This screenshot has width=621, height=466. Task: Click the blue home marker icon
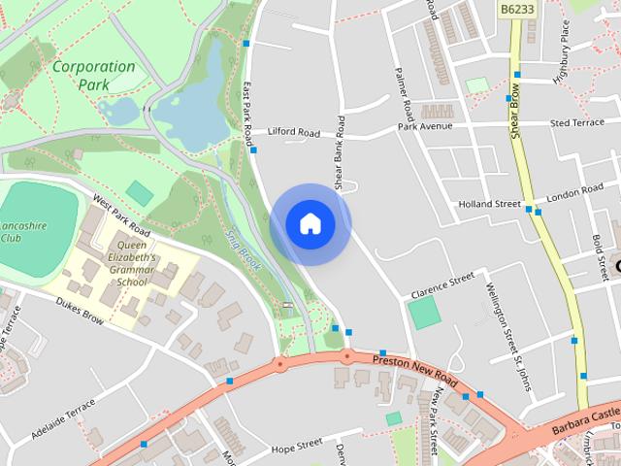(310, 224)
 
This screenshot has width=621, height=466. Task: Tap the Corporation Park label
(94, 76)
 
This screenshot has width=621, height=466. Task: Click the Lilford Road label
(294, 132)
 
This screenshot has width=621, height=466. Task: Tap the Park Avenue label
(425, 126)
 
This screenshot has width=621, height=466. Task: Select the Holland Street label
(489, 204)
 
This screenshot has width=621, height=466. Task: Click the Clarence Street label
(441, 283)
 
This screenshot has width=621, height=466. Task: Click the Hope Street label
(296, 446)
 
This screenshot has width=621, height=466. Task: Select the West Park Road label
(121, 216)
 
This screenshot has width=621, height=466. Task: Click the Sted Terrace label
(576, 123)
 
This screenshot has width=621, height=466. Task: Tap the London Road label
(574, 195)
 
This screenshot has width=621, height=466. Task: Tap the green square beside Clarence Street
(422, 313)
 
